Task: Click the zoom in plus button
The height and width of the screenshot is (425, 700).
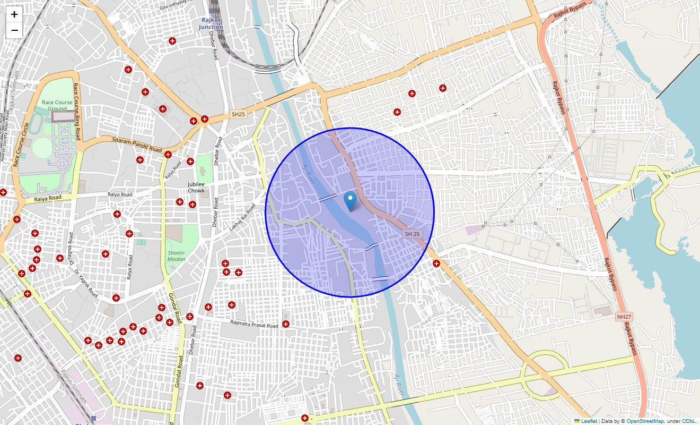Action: pyautogui.click(x=14, y=14)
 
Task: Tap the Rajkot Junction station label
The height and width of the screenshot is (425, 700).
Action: pyautogui.click(x=211, y=23)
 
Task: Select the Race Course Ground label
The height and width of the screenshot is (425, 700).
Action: pyautogui.click(x=57, y=105)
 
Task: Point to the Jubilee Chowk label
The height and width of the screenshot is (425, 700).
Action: pyautogui.click(x=196, y=187)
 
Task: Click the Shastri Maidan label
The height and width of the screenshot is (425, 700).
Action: pyautogui.click(x=177, y=256)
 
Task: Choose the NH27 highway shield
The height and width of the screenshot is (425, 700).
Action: pyautogui.click(x=624, y=317)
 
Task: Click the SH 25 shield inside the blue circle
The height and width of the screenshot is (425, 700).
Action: pyautogui.click(x=412, y=234)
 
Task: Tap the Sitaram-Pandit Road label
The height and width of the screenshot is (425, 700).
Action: pyautogui.click(x=137, y=144)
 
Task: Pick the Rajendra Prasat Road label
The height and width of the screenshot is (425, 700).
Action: pyautogui.click(x=254, y=324)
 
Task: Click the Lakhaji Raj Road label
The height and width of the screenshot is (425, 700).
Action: pyautogui.click(x=242, y=217)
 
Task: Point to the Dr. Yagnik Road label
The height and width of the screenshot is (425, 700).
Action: pyautogui.click(x=86, y=283)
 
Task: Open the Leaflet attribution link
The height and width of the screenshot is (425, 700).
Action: pyautogui.click(x=589, y=421)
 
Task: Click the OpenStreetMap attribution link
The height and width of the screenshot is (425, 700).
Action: pyautogui.click(x=645, y=421)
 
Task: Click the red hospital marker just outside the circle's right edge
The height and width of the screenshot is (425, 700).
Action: pyautogui.click(x=436, y=263)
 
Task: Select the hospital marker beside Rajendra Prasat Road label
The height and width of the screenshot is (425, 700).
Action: pyautogui.click(x=286, y=324)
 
